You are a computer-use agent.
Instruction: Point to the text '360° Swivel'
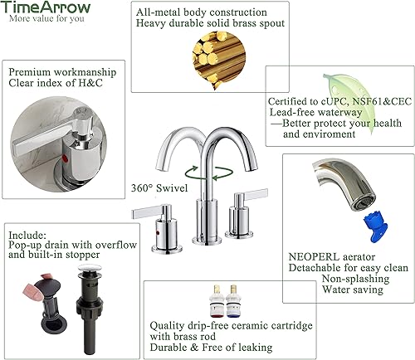159,188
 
